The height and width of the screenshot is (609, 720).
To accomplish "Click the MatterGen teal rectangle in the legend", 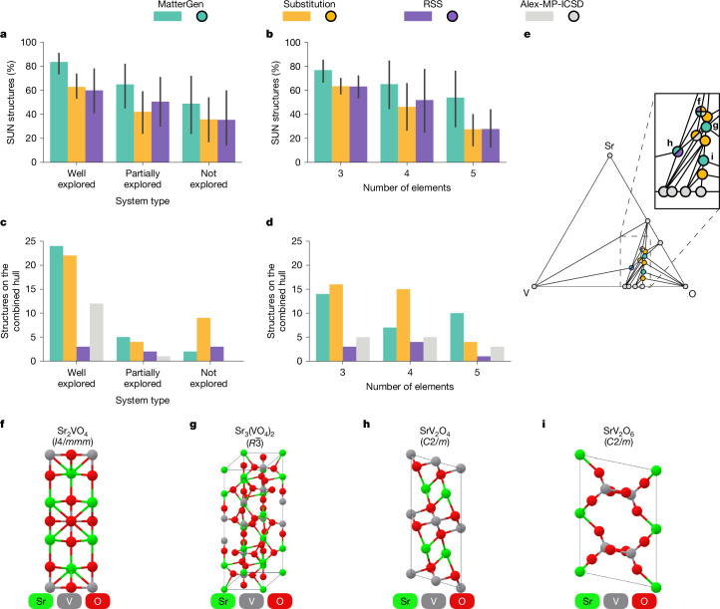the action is point(168,16).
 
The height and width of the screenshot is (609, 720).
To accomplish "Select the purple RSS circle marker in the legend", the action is point(453,17).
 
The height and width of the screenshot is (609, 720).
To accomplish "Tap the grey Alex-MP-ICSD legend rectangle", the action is point(540,16).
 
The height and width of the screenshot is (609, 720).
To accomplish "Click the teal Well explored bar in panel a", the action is point(59,112).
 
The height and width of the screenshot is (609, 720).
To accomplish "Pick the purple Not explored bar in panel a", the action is point(226,141).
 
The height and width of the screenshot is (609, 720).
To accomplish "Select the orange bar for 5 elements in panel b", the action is point(473,146).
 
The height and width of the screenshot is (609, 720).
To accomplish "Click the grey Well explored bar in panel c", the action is point(97,332).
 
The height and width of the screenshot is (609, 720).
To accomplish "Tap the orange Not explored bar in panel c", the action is point(203,340).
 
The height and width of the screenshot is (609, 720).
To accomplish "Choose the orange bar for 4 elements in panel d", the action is point(403,325).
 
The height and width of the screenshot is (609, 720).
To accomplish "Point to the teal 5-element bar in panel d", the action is point(457,337).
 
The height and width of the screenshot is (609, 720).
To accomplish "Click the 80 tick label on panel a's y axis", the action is point(31,66).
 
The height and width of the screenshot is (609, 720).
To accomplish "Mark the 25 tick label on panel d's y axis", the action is point(297,241).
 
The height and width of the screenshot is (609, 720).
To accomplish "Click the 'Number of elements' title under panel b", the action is point(407,187).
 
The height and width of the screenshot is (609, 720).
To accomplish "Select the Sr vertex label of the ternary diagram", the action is point(609,146).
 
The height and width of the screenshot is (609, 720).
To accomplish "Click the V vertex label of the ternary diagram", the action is point(527,293).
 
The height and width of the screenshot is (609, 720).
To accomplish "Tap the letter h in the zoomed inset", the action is point(670,144).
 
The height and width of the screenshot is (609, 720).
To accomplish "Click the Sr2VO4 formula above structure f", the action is point(73,432).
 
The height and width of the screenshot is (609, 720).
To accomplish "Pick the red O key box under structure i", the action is point(644,601).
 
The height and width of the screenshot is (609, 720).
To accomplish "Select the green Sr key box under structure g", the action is point(223,601).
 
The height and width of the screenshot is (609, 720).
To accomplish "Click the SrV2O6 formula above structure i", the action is point(619,432).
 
